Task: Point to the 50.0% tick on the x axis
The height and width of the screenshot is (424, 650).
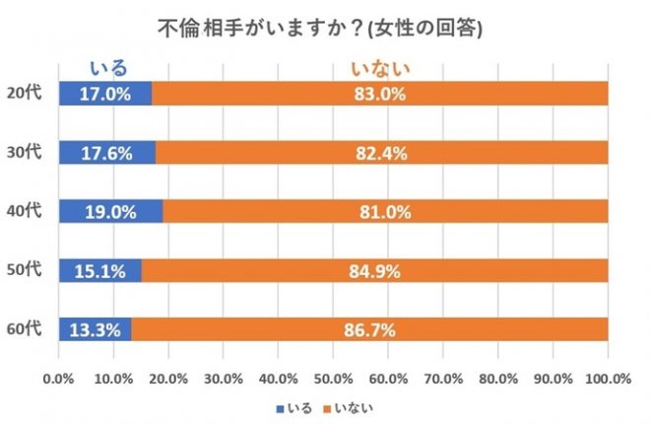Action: (x=333, y=378)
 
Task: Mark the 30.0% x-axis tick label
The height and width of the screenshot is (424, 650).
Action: (x=224, y=378)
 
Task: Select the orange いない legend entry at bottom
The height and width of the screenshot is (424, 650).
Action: (x=352, y=405)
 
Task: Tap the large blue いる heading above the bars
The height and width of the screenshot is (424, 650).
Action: (x=108, y=69)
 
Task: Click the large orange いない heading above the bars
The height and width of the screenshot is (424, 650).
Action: (x=380, y=69)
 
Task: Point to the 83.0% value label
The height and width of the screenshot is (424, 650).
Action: (x=381, y=94)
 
